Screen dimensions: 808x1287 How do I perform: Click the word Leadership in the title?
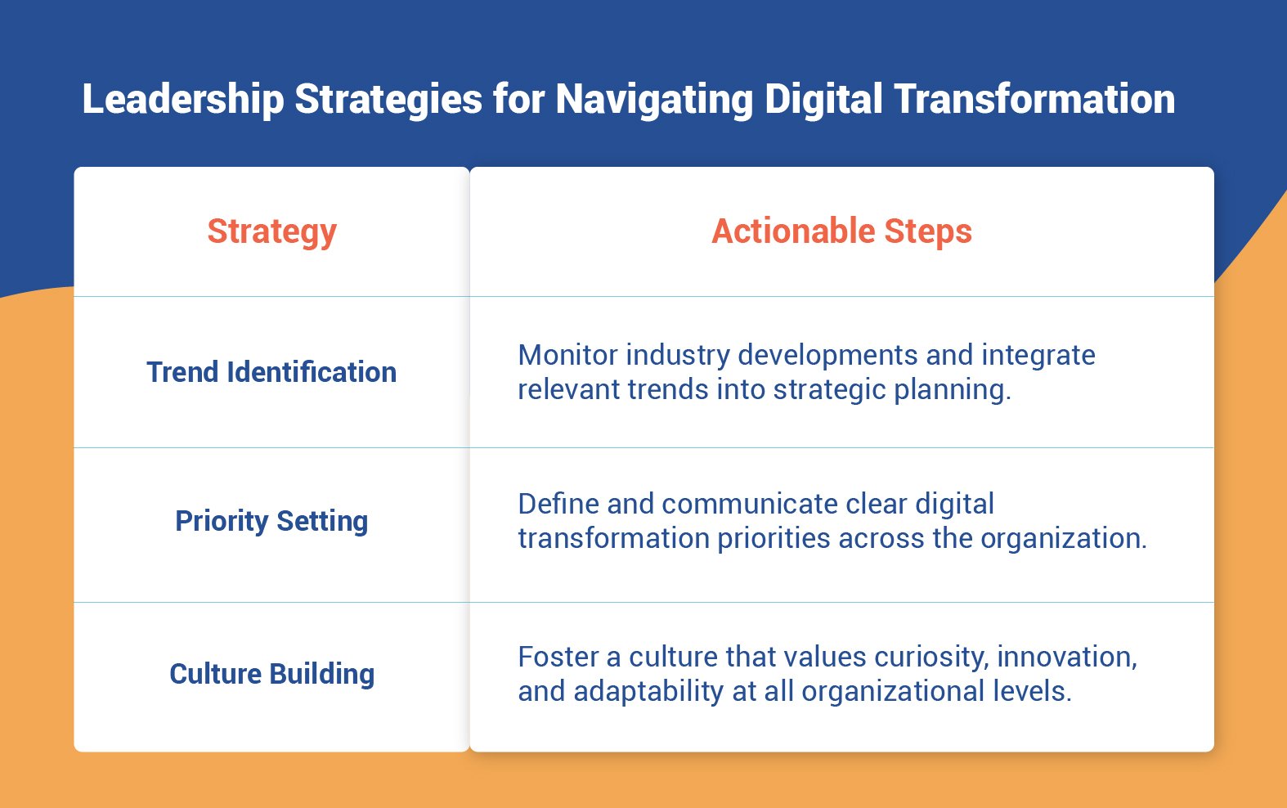183,99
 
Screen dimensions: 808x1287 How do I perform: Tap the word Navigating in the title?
654,99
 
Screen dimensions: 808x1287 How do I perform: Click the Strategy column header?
271,231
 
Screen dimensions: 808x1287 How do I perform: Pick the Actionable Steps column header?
841,231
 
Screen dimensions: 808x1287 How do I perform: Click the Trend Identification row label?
271,372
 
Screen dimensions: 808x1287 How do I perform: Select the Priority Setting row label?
271,521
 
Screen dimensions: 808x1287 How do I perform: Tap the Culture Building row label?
271,674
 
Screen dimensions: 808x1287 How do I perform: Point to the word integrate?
1038,355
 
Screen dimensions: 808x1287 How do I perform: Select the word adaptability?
648,691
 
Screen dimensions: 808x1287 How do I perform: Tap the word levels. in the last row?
1032,691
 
